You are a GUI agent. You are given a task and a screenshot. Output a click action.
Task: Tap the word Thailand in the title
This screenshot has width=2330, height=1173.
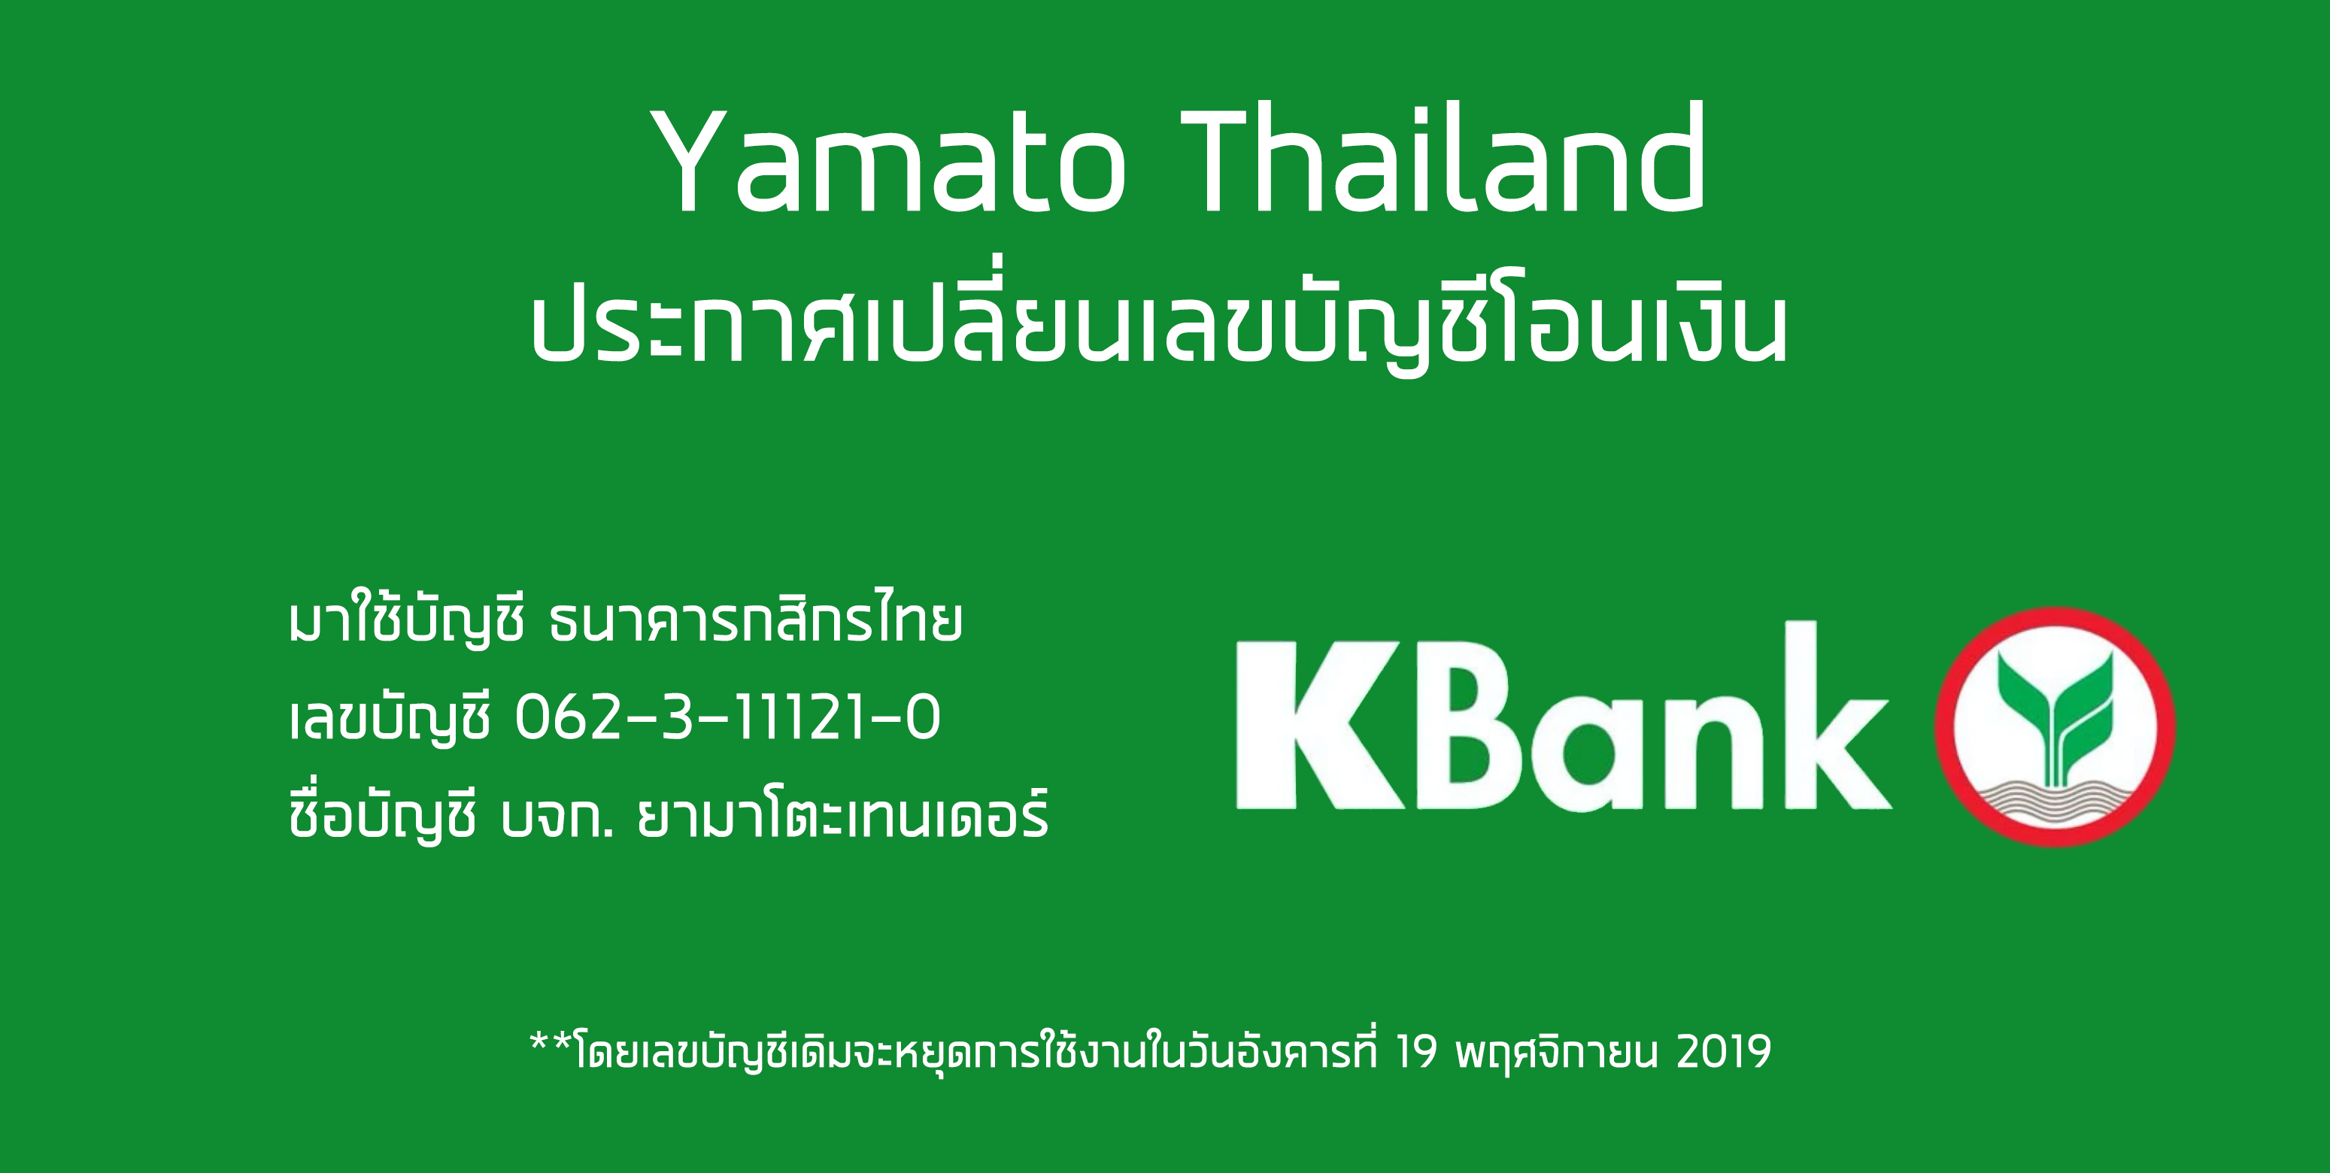pos(1443,158)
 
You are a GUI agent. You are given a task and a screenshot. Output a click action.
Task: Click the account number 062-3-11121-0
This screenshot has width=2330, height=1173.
pos(728,718)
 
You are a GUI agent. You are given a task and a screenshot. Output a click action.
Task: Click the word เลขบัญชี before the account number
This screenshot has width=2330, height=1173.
pos(390,718)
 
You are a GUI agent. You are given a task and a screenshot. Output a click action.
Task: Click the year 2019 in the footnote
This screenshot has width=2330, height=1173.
pos(1723,1052)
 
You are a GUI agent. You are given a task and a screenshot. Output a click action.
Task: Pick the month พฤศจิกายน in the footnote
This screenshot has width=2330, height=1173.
pos(1557,1052)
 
